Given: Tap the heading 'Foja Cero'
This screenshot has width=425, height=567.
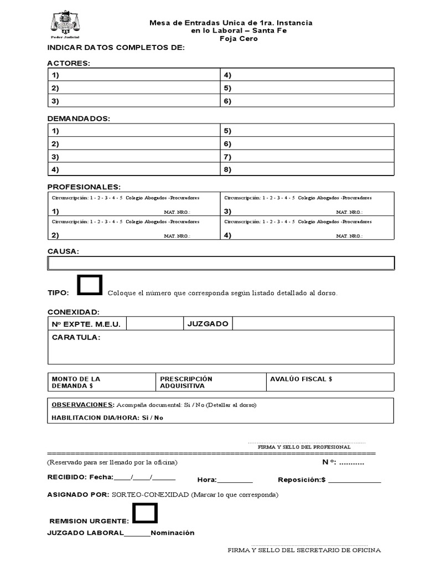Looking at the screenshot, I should point(239,39).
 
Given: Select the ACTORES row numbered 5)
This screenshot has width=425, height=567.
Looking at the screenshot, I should point(307,88).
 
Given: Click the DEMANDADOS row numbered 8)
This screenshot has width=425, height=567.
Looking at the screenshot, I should point(307,169).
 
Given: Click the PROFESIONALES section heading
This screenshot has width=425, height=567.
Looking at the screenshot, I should point(84,187).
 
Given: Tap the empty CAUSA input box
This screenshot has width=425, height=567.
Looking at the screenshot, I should point(221,262).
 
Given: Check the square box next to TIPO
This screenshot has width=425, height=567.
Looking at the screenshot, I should point(90,285).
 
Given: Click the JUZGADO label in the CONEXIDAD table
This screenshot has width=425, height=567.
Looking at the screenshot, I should point(208,323).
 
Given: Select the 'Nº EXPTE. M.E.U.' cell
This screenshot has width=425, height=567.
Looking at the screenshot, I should point(86,324).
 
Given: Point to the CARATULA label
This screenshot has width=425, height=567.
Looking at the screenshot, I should point(76,337).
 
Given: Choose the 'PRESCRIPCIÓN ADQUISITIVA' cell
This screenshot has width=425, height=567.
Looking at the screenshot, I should point(210,382).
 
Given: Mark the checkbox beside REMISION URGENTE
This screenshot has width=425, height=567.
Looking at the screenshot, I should point(145,513).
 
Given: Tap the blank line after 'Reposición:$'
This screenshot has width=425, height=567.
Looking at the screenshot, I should point(355,481).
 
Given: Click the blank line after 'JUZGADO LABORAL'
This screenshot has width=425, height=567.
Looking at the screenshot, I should point(137,534).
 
